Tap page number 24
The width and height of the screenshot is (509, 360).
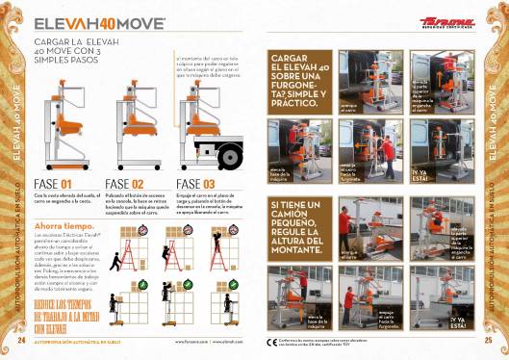pos(22,340)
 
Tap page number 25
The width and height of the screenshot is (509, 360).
pos(488,340)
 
